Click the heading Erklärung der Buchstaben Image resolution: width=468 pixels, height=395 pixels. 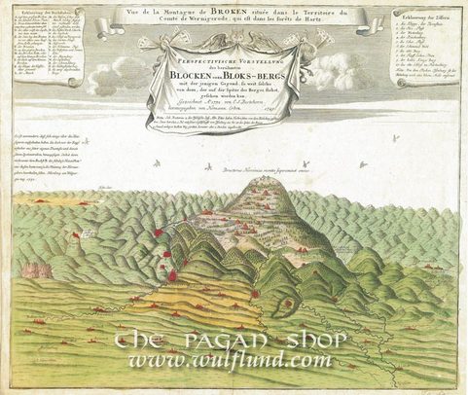point(42,14)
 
